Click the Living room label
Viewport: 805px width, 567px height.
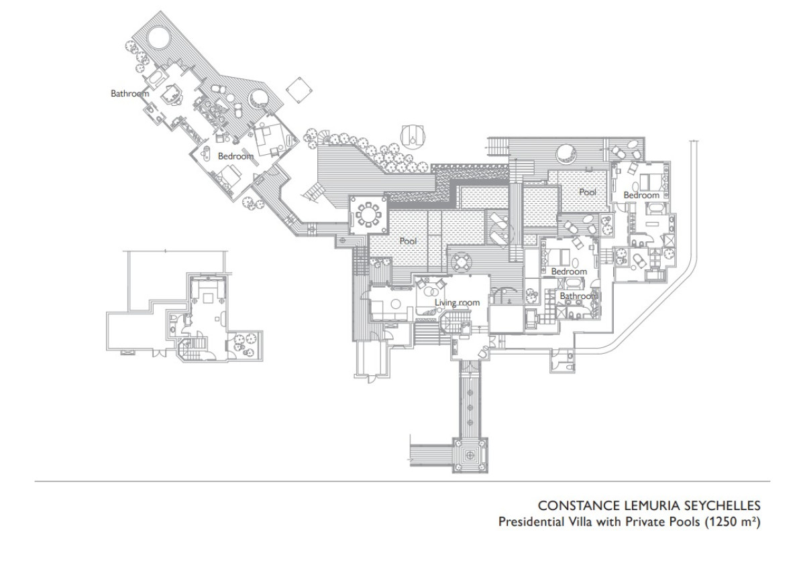(457, 303)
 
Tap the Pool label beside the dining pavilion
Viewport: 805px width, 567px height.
(408, 241)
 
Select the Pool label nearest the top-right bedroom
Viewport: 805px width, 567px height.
(588, 192)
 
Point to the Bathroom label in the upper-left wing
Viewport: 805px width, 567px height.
(129, 93)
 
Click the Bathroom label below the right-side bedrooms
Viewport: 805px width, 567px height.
(578, 296)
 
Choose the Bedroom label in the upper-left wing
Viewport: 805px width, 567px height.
(235, 156)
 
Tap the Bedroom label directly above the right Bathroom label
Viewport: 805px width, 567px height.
(569, 271)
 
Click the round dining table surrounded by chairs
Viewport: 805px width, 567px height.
(368, 215)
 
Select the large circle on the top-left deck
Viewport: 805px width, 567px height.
(158, 38)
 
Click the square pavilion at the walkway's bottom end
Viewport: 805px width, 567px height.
(470, 455)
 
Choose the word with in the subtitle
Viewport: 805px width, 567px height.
(609, 521)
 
